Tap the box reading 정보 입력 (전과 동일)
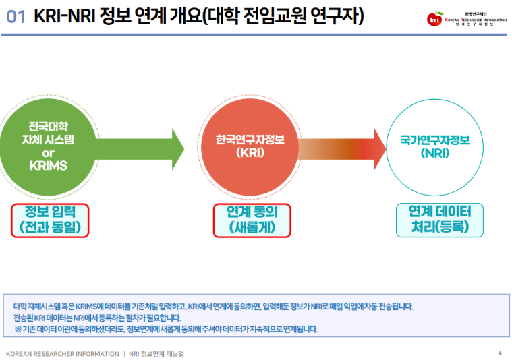(x=51, y=220)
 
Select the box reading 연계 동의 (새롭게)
(x=252, y=220)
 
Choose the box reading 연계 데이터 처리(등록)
(x=440, y=220)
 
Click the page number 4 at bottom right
(x=499, y=353)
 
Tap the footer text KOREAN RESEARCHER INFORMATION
(x=61, y=353)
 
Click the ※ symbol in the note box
(x=18, y=330)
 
